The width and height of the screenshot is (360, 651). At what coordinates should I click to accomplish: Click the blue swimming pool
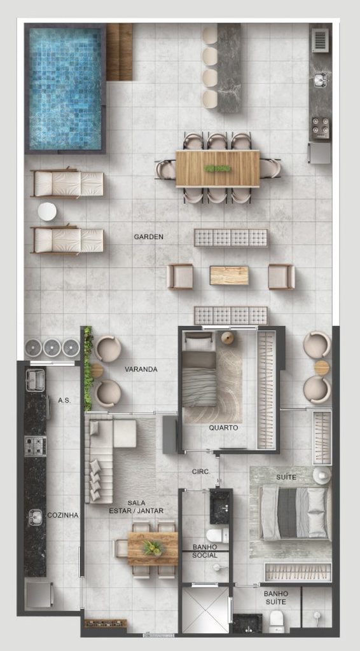point(65,88)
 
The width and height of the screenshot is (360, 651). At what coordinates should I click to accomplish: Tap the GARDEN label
point(149,237)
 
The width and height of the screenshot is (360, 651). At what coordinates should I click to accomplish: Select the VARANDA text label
point(141,369)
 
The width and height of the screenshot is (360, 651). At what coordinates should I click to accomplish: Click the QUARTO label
point(223,428)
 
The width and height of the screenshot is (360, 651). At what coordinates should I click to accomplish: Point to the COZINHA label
point(63,515)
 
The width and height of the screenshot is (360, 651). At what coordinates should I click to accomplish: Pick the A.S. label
point(64,401)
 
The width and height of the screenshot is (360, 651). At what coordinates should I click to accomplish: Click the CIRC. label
point(201,472)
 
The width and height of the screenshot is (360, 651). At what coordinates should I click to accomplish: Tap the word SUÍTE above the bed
point(286,477)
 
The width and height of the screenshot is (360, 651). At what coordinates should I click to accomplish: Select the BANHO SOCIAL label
point(205,551)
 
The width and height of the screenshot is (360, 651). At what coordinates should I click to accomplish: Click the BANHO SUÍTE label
point(276,597)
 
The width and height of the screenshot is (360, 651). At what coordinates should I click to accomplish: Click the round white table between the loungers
point(47,212)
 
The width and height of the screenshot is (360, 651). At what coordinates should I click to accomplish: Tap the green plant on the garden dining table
point(217,168)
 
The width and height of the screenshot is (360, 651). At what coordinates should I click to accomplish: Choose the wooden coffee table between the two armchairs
point(229,276)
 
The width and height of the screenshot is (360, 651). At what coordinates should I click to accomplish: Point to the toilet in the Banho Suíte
point(276,620)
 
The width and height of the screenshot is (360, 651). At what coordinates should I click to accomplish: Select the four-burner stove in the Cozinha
point(35,446)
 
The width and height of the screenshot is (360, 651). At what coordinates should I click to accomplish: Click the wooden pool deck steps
point(119,52)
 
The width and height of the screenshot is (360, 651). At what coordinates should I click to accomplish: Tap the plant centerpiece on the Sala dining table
point(151,548)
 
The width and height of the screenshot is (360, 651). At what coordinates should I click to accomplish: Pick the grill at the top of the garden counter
point(320,40)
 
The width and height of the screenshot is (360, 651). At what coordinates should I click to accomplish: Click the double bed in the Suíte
point(295,513)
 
